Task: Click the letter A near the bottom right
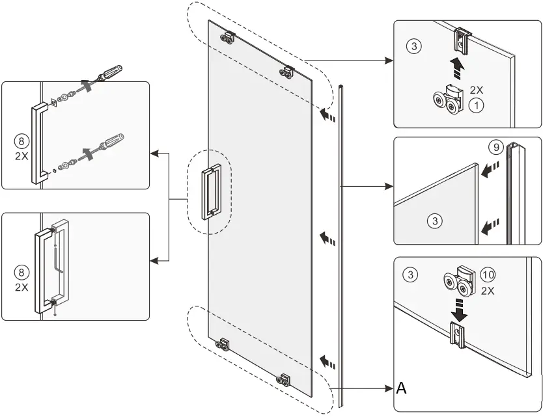[402, 388]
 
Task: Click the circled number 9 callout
[496, 148]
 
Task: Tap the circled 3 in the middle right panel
[435, 221]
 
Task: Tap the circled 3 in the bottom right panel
[410, 275]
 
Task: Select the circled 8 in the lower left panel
[21, 272]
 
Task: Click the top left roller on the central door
[228, 38]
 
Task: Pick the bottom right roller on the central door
[284, 379]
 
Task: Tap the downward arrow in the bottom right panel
[460, 308]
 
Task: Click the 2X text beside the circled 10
[487, 291]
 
